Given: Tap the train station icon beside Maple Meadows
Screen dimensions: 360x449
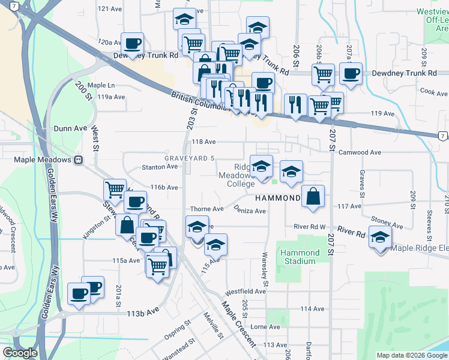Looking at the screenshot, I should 78,160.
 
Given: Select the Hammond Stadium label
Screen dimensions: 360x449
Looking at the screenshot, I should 298,257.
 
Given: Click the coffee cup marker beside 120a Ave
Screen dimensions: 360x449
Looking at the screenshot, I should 132,43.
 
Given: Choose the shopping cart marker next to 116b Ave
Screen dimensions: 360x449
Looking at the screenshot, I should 115,190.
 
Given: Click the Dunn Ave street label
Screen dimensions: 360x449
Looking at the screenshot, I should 71,128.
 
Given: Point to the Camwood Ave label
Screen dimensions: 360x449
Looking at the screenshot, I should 360,152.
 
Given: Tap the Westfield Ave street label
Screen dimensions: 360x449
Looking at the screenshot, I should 245,292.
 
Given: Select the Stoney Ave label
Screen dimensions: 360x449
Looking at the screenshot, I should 385,220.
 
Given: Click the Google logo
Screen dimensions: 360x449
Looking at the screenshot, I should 20,353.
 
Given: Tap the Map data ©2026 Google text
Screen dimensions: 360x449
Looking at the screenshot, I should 411,355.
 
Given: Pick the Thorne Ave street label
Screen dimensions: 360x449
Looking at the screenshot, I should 206,209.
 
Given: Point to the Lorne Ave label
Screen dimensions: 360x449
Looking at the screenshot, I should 265,327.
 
